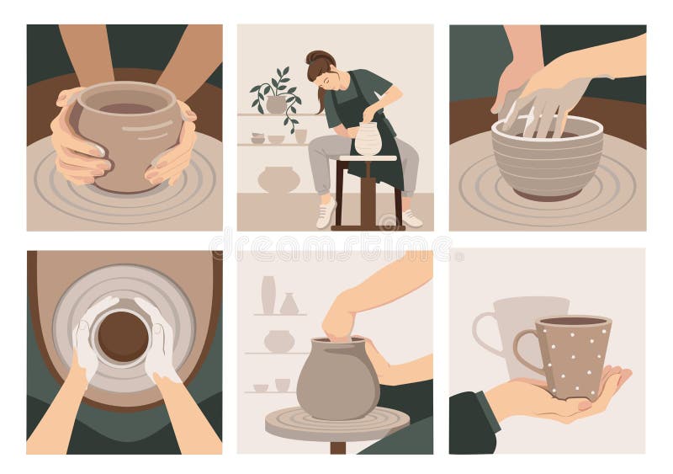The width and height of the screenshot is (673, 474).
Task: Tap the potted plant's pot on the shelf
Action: [276, 104]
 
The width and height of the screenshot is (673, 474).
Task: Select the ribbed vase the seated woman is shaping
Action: [368, 139]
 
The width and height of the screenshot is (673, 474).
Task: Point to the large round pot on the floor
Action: [278, 179]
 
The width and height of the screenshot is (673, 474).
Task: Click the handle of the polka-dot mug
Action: [527, 354]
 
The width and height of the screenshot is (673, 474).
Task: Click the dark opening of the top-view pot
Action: [123, 336]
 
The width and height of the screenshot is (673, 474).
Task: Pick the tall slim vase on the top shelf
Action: [268, 295]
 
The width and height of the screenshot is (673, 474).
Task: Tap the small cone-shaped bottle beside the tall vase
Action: [289, 304]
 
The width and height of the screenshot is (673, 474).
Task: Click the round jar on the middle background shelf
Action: [278, 341]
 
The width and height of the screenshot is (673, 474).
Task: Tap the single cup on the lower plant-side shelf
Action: [300, 136]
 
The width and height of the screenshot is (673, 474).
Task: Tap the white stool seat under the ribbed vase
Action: [368, 158]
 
